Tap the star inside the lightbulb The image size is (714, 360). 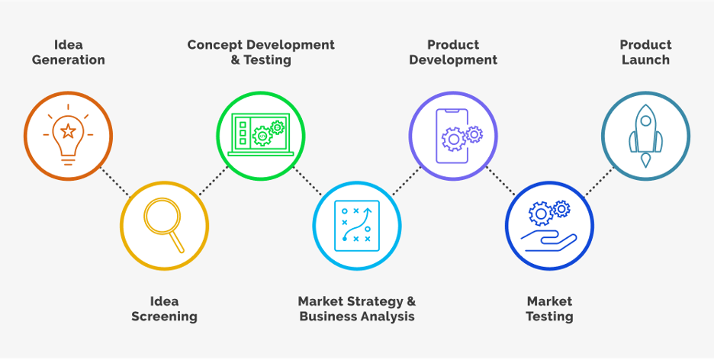coord(68,131)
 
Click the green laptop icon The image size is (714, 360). coord(260,134)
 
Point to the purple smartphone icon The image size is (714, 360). coord(453,136)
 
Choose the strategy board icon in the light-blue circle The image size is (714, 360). coord(356,226)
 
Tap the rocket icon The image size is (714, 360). coord(645,136)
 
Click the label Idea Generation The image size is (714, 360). coord(69,53)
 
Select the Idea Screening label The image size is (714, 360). coord(164,309)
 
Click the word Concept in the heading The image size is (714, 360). coord(214,45)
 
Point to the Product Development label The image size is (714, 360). coord(453,53)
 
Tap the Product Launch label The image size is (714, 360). coord(645,53)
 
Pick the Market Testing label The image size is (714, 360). coord(549,309)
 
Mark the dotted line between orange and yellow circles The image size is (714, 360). coord(116,182)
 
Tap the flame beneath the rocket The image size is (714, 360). coord(645,161)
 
